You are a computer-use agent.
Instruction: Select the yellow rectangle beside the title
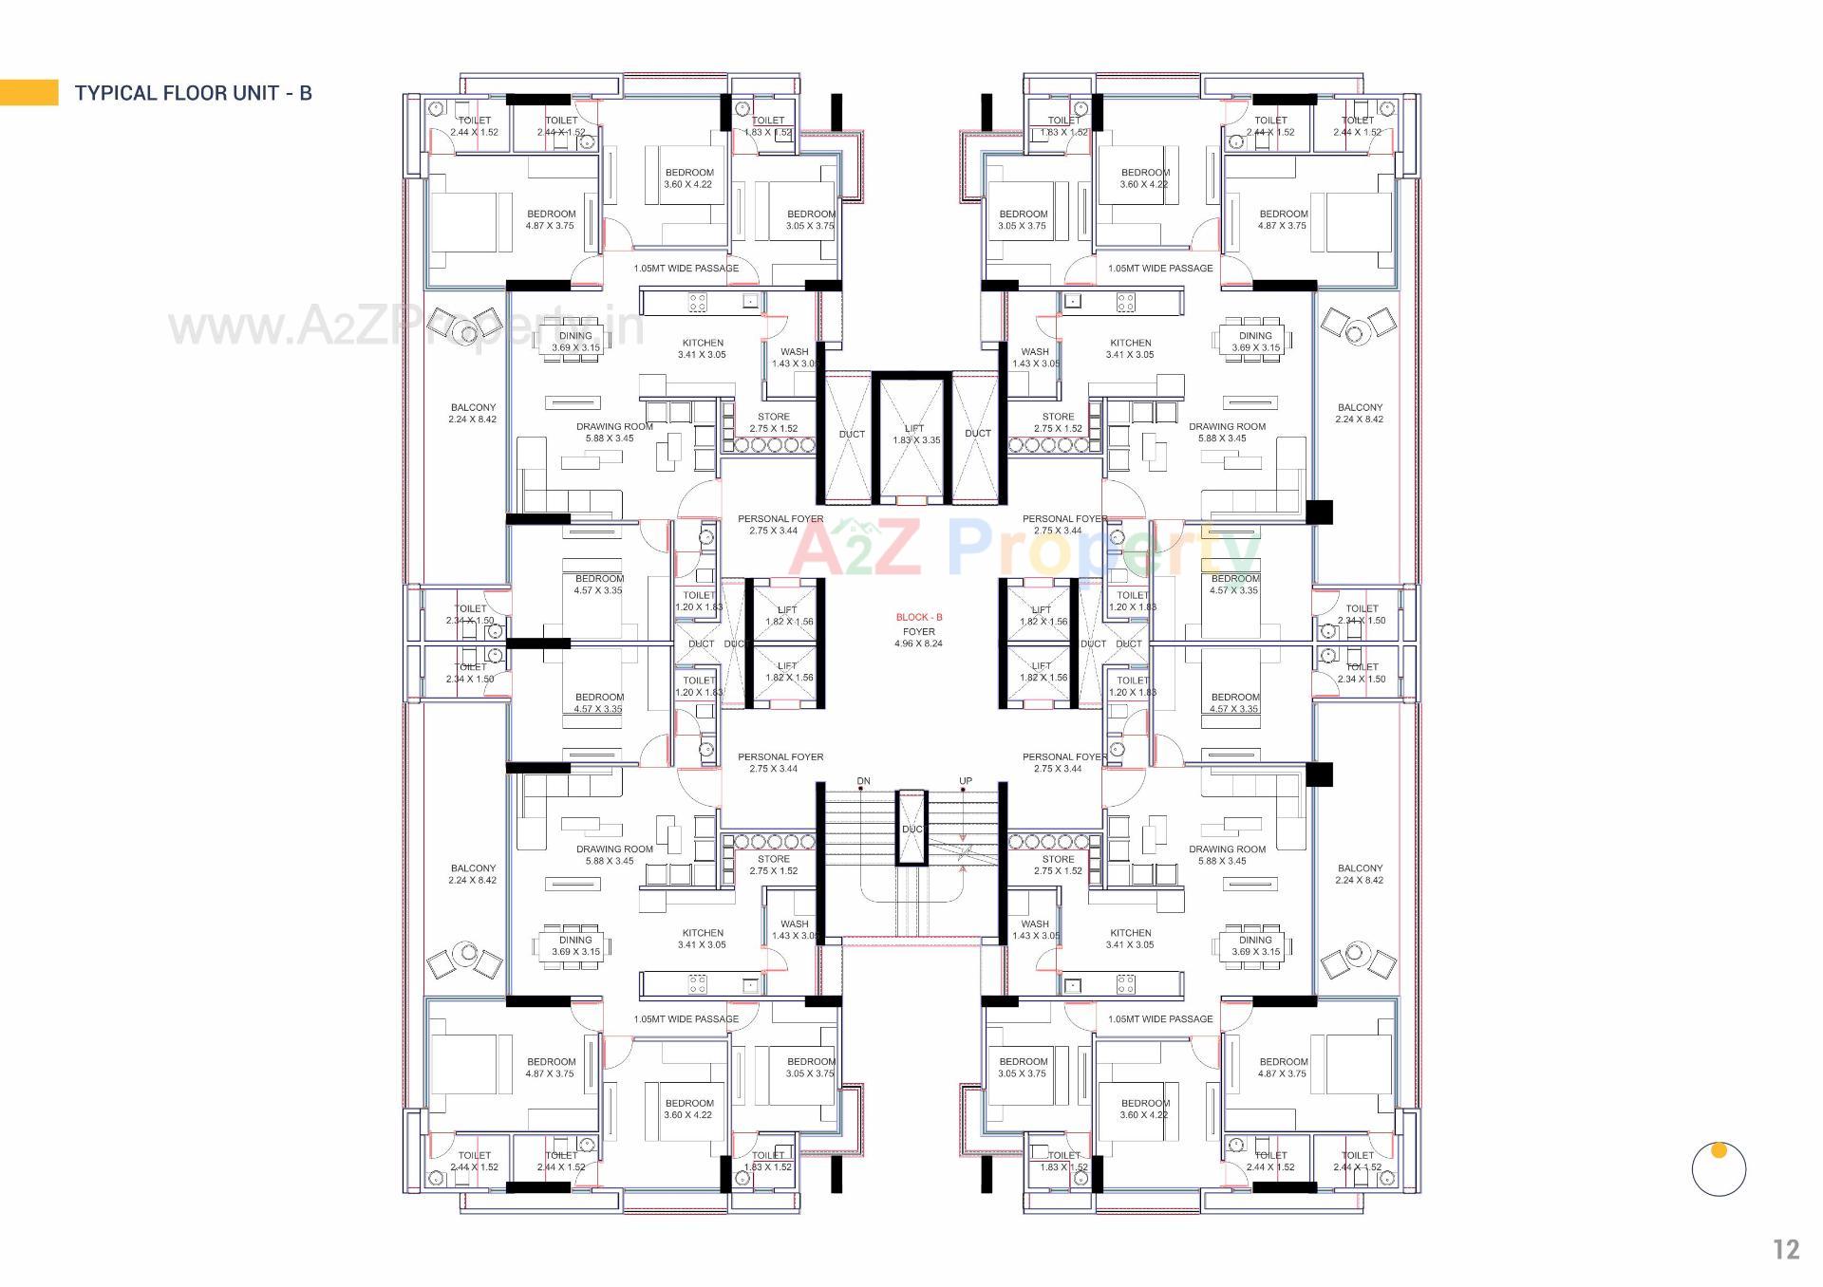point(28,92)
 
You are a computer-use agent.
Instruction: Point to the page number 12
point(1786,1249)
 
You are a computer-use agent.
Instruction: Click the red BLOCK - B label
point(918,618)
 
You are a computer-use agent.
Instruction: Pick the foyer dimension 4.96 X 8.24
point(918,643)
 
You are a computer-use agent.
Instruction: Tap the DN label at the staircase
point(863,781)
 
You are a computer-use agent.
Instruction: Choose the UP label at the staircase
point(965,781)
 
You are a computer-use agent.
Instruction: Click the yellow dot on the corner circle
point(1718,1150)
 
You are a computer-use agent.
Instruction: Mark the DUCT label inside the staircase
point(912,830)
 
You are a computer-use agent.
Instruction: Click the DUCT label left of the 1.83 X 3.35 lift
point(852,434)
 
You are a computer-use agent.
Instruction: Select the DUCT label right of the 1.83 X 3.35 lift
point(978,434)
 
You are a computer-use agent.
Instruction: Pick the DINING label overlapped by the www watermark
point(575,336)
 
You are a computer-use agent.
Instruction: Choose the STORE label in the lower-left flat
point(774,859)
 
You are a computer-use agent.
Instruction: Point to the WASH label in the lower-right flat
point(1035,923)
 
